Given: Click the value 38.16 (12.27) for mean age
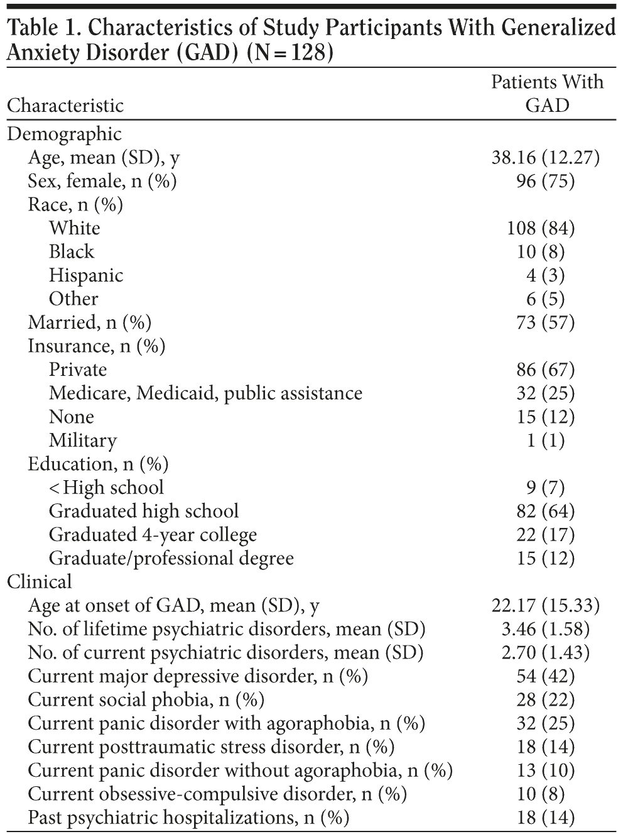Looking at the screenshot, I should point(545,157).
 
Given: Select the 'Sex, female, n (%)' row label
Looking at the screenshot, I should point(102,181).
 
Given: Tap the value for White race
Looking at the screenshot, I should point(541,228).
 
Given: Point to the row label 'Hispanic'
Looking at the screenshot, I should point(86,275).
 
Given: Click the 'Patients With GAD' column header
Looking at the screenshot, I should point(547,93).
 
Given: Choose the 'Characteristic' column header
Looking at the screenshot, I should point(65,104).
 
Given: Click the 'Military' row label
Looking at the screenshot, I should point(83,441).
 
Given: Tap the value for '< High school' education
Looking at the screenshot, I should point(545,488).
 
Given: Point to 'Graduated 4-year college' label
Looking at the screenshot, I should point(153,535).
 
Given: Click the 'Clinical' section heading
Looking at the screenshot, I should point(40,582).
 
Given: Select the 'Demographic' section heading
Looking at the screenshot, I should point(64,134).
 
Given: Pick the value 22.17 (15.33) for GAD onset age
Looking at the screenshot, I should point(545,606).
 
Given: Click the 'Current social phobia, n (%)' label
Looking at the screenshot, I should point(146,700).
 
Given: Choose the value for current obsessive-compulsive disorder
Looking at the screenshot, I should point(541,794).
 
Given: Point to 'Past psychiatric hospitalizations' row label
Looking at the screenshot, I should point(188,818).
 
